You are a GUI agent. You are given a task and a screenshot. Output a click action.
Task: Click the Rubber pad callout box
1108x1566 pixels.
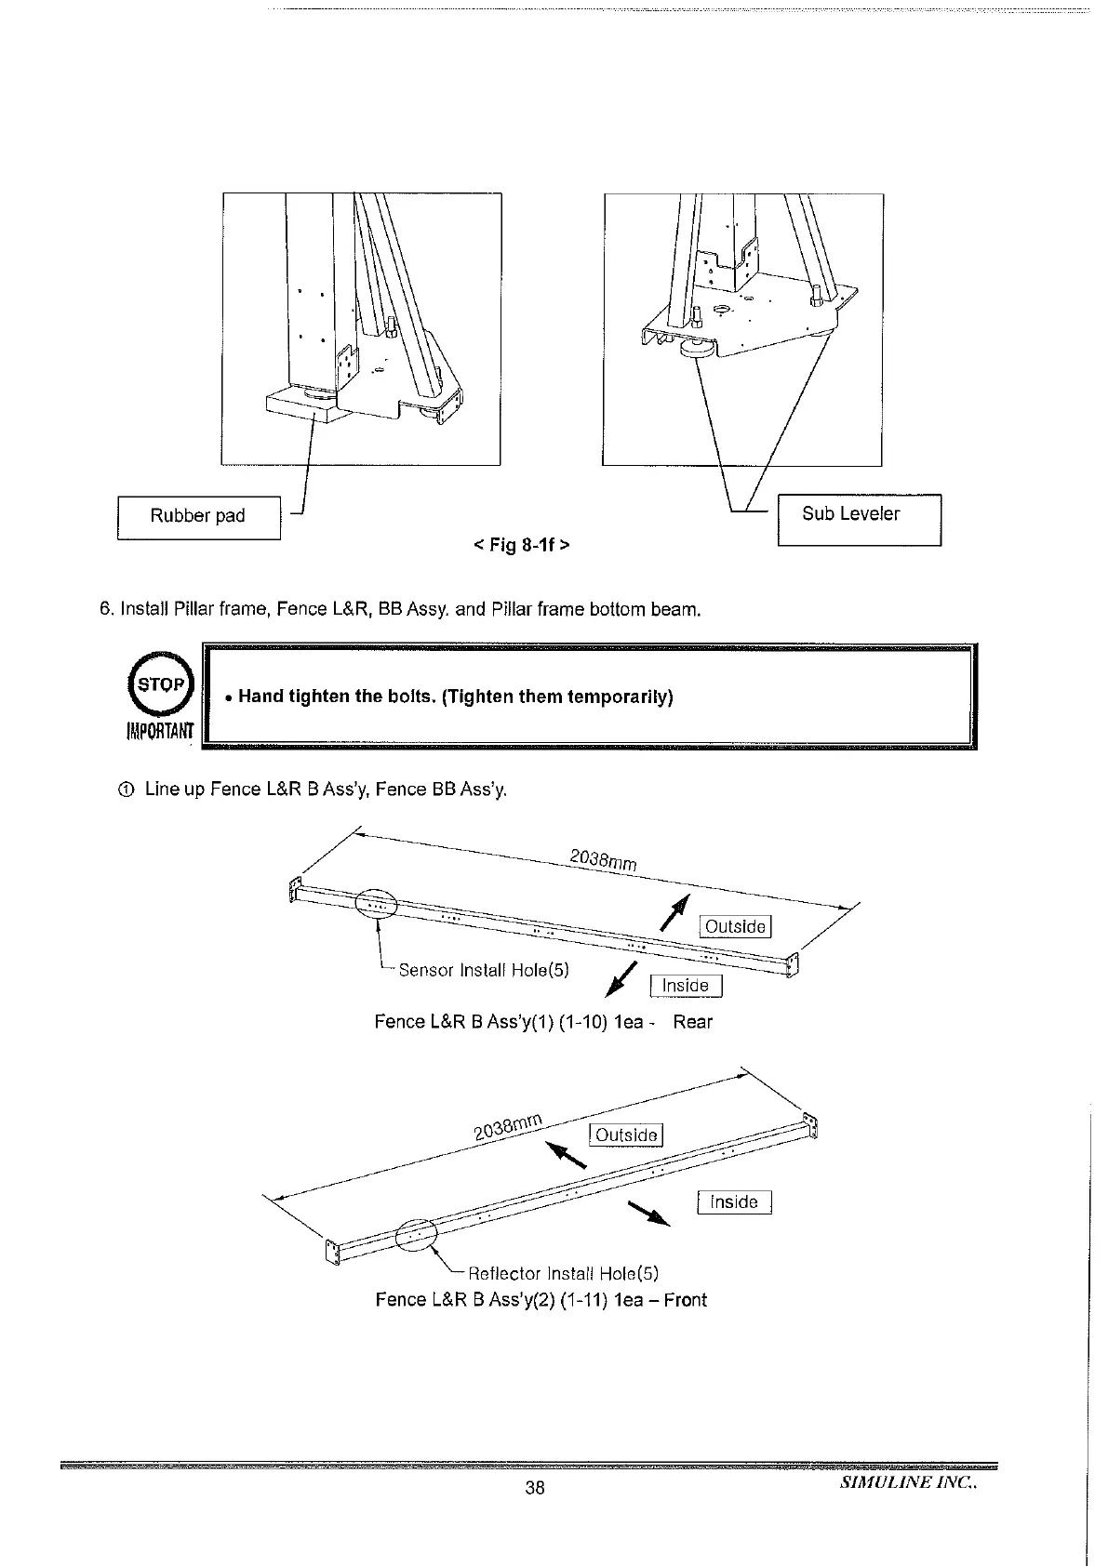click(x=198, y=517)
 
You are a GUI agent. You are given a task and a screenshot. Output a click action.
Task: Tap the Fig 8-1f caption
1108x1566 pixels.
click(x=522, y=544)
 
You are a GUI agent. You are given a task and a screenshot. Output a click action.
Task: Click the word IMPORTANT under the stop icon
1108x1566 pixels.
click(x=159, y=731)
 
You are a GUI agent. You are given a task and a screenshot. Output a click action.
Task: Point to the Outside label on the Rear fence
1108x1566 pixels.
click(x=735, y=926)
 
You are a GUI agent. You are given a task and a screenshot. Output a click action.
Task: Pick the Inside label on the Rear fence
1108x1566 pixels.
click(x=686, y=986)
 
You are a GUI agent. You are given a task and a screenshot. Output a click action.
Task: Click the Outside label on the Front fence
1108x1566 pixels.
click(x=626, y=1135)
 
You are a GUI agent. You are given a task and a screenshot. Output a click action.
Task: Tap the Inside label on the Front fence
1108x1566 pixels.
click(x=733, y=1202)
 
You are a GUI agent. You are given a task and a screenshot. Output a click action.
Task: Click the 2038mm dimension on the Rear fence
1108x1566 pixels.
click(x=603, y=860)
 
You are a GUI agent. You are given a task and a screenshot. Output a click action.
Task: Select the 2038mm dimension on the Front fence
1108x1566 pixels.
click(x=508, y=1125)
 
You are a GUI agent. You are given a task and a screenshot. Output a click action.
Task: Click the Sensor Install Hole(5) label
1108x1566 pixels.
click(x=483, y=970)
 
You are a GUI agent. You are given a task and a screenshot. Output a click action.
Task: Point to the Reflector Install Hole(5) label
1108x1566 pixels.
click(x=563, y=1273)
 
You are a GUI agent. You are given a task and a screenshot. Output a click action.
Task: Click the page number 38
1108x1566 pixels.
click(x=534, y=1488)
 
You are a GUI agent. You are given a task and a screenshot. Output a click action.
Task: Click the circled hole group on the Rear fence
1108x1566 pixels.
click(x=377, y=904)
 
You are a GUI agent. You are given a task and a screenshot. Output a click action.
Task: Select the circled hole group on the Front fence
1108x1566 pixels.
click(x=416, y=1234)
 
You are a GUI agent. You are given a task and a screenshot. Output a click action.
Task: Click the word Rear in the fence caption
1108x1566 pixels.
click(x=692, y=1022)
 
